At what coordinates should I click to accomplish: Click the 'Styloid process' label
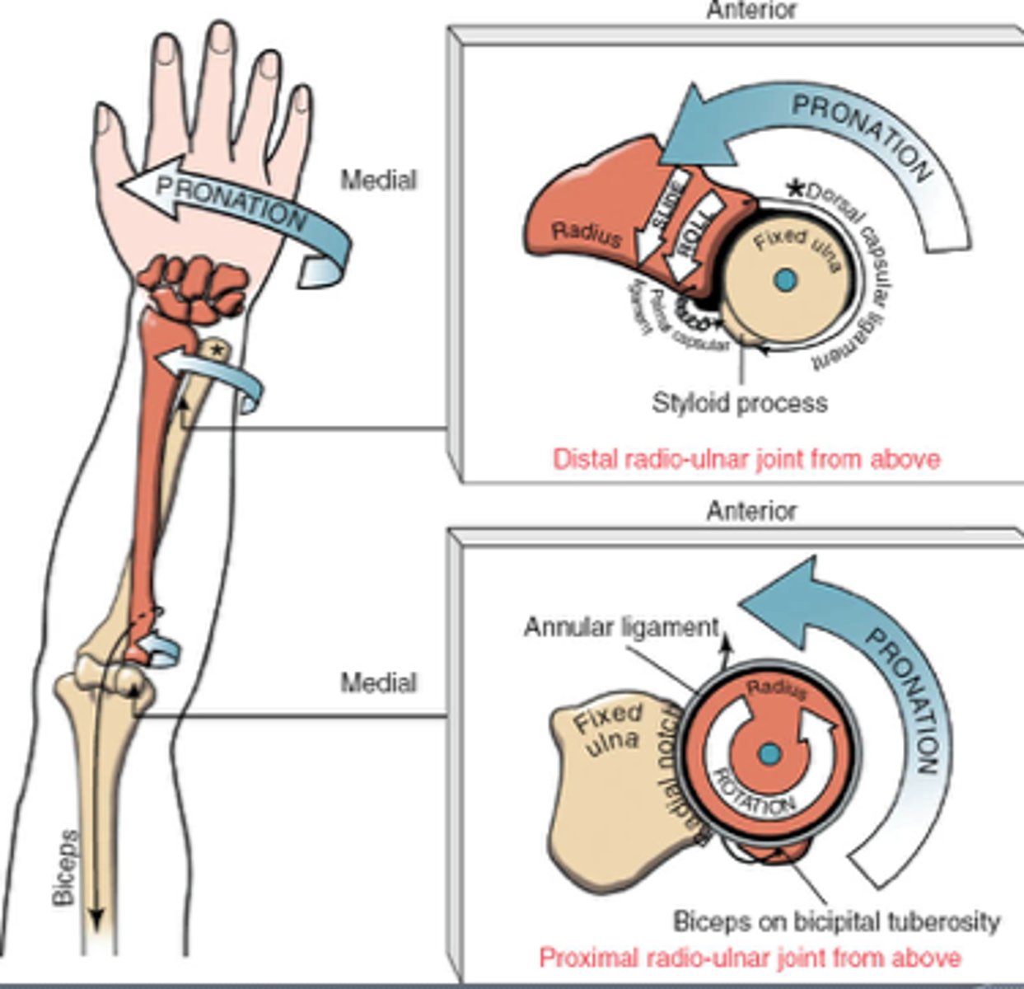[x=739, y=403]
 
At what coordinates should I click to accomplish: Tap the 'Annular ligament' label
[x=621, y=628]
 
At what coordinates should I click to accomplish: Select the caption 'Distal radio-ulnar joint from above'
[x=746, y=458]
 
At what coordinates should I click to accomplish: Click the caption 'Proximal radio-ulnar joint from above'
[x=749, y=958]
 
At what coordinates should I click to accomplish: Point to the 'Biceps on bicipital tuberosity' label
[x=836, y=921]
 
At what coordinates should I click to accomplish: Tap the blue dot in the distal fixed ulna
[x=785, y=280]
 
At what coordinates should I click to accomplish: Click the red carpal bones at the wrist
[x=194, y=288]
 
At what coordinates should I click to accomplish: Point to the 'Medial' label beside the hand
[x=378, y=180]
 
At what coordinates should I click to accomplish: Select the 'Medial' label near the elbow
[x=378, y=682]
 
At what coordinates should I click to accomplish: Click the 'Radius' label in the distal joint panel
[x=586, y=234]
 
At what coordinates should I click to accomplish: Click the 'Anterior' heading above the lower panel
[x=751, y=511]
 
